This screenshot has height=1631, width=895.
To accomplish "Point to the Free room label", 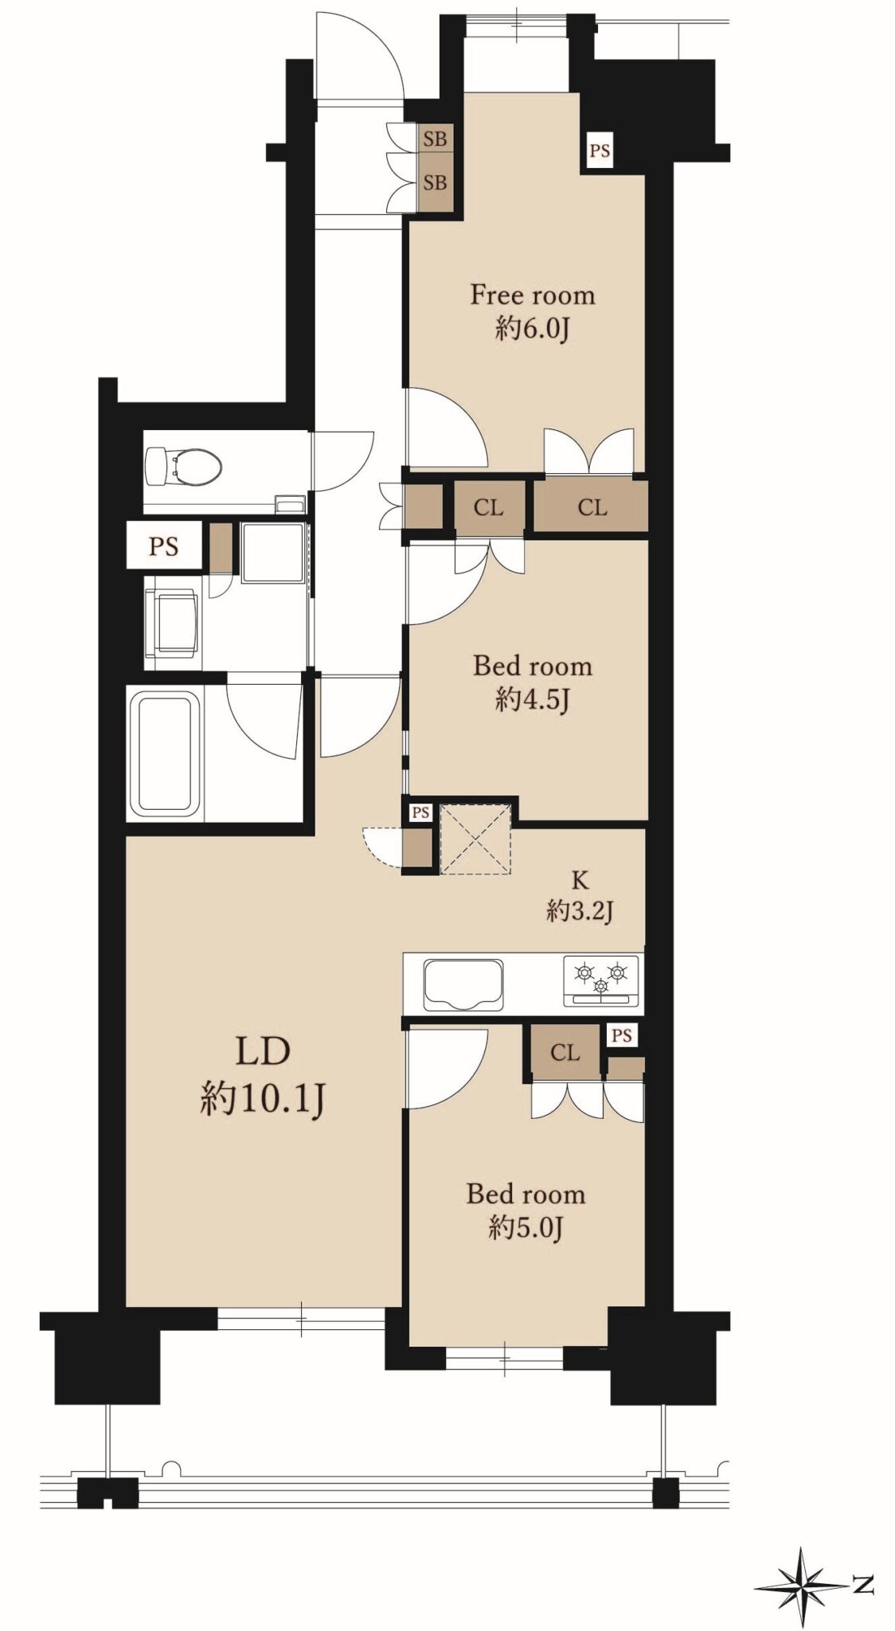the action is pyautogui.click(x=532, y=295).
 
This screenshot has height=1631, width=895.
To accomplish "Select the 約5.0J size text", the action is pyautogui.click(x=526, y=1229).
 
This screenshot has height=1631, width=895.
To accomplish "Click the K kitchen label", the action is pyautogui.click(x=580, y=880).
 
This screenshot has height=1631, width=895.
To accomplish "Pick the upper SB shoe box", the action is pyautogui.click(x=435, y=139).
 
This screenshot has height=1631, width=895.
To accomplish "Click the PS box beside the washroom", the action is pyautogui.click(x=164, y=546).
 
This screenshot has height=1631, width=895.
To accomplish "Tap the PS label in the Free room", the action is pyautogui.click(x=600, y=150).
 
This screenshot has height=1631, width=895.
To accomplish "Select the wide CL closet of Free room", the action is pyautogui.click(x=592, y=507).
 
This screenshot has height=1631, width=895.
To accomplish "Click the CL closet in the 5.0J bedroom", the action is pyautogui.click(x=565, y=1053).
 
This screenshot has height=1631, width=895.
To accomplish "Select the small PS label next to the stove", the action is pyautogui.click(x=622, y=1035).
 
